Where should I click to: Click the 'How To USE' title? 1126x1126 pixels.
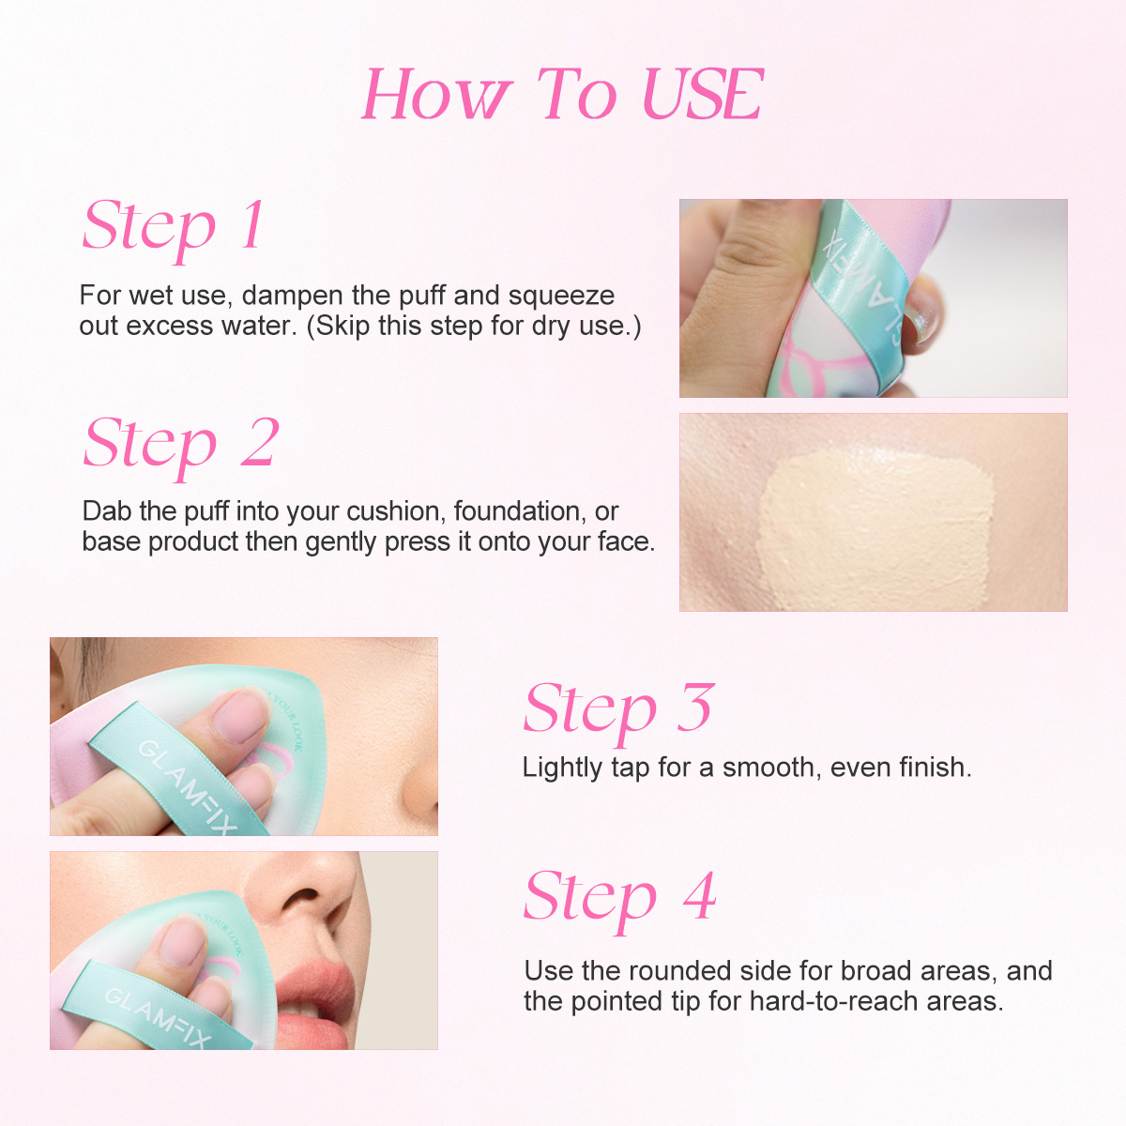[x=563, y=96]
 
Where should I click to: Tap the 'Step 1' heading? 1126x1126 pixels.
[x=175, y=227]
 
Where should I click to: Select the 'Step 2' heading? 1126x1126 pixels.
[x=181, y=444]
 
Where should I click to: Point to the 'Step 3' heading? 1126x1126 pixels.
[x=618, y=708]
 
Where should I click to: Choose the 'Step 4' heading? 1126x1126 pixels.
[x=619, y=897]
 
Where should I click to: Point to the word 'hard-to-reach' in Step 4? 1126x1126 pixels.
[x=835, y=1001]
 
